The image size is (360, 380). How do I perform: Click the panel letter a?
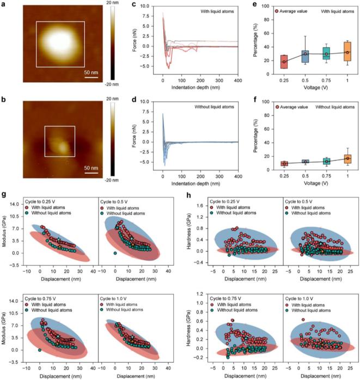point(6,5)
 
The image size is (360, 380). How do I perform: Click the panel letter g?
point(6,194)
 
